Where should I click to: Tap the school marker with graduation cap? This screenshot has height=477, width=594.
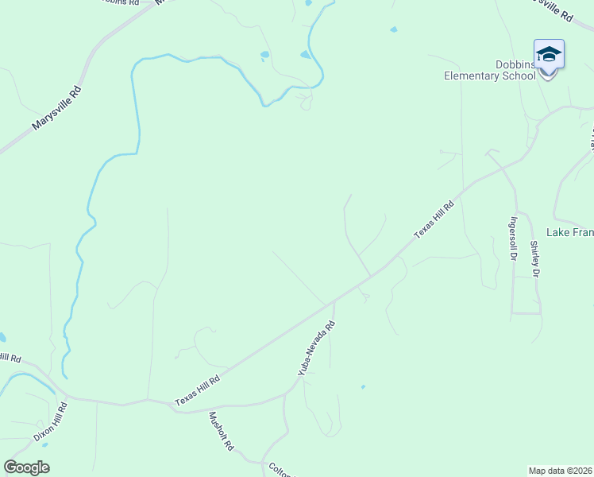click(549, 56)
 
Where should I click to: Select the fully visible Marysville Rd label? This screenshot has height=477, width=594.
click(57, 109)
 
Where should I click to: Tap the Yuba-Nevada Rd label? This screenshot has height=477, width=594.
click(317, 348)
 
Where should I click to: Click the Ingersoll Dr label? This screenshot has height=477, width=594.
click(515, 239)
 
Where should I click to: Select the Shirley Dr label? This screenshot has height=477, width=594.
click(535, 259)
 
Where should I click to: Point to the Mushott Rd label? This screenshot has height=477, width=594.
click(220, 432)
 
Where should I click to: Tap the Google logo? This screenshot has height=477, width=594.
click(26, 467)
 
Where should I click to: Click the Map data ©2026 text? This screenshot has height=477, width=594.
click(561, 471)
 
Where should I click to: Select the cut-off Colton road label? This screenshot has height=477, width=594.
click(282, 469)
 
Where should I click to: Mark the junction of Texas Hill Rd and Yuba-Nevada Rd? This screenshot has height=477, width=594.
click(334, 301)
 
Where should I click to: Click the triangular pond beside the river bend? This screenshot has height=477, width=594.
click(306, 55)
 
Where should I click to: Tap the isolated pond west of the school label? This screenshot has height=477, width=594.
click(393, 30)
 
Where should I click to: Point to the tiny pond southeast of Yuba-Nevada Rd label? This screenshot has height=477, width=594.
click(363, 387)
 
